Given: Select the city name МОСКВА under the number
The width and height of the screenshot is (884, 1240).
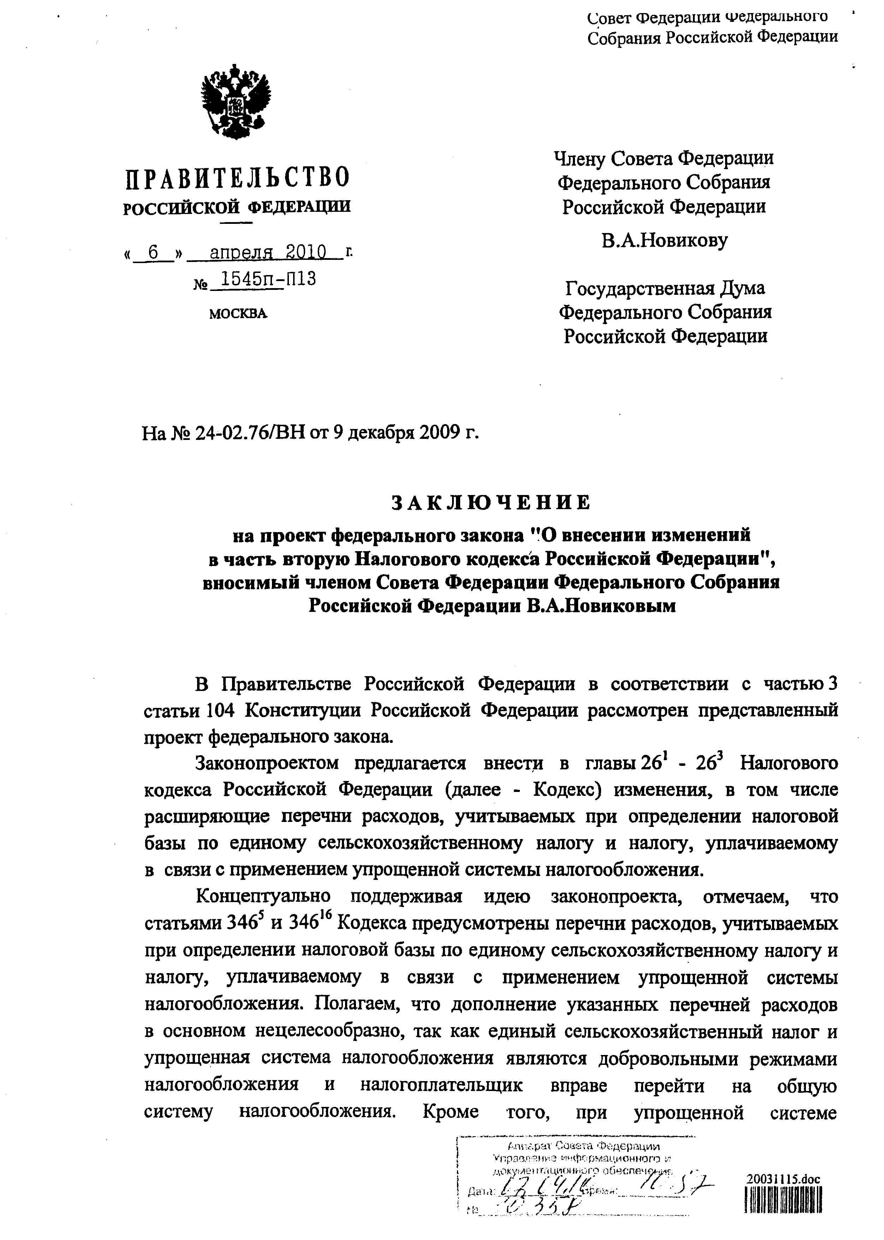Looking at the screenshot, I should click(x=238, y=314).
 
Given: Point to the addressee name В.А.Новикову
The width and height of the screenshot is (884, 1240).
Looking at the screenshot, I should click(x=664, y=240).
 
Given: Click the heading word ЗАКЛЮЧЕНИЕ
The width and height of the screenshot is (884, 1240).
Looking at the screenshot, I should click(x=491, y=503).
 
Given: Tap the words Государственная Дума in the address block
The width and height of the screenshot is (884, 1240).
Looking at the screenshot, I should click(x=665, y=288).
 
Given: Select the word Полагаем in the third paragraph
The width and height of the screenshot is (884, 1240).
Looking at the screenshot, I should click(x=355, y=1003).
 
